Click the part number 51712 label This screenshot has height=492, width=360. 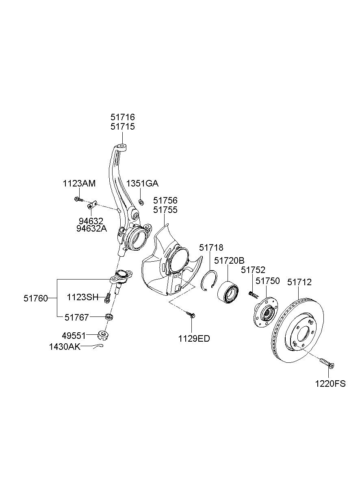(x=299, y=282)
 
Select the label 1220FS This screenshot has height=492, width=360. (x=330, y=383)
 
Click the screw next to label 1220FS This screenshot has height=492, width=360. (x=326, y=363)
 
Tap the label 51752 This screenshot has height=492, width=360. (x=253, y=270)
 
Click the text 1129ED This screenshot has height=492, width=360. (x=193, y=338)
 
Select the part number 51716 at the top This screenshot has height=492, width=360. (x=122, y=117)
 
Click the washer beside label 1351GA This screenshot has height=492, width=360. (x=141, y=202)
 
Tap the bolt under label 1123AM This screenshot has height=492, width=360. (x=78, y=199)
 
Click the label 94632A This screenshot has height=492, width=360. (x=91, y=229)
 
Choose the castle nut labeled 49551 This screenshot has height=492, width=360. (x=104, y=335)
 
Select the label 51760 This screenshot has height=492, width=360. (x=35, y=298)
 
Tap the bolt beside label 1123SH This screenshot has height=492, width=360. (x=108, y=298)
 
